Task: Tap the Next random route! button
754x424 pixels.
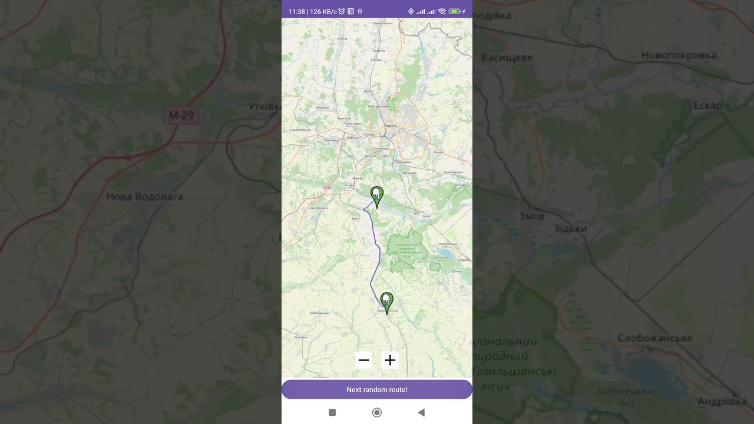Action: (x=377, y=390)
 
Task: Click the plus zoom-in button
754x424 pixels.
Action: (x=390, y=360)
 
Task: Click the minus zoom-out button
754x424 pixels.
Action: (x=363, y=360)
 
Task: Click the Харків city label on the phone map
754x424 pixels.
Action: (x=390, y=125)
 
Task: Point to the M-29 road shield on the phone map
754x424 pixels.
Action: (x=328, y=188)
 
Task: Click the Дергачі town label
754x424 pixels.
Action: (x=369, y=91)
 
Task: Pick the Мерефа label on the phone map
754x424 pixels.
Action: (x=358, y=178)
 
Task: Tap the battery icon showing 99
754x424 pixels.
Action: (x=454, y=11)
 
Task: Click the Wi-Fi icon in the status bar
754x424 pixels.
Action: (x=442, y=11)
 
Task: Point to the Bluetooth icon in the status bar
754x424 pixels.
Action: (x=411, y=11)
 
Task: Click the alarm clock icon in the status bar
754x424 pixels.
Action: (x=342, y=11)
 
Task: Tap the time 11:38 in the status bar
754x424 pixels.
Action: (x=297, y=11)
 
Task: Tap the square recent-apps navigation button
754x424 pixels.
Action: (x=332, y=412)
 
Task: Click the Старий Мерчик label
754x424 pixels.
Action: (x=301, y=130)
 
